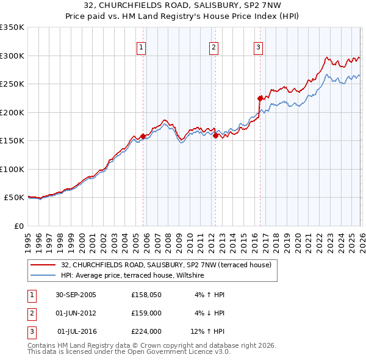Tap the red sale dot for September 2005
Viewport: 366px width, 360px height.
pos(143,136)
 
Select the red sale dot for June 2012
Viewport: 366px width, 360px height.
pos(215,136)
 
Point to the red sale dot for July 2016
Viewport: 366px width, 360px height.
pos(260,98)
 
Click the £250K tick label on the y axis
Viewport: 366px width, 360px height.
pos(12,84)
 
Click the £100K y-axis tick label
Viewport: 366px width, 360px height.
pos(12,169)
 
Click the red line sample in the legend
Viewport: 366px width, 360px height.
pos(43,265)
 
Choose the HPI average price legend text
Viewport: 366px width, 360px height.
pos(132,276)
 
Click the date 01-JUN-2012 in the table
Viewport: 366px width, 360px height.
pos(76,313)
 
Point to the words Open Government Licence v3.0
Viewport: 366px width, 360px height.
pos(183,352)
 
